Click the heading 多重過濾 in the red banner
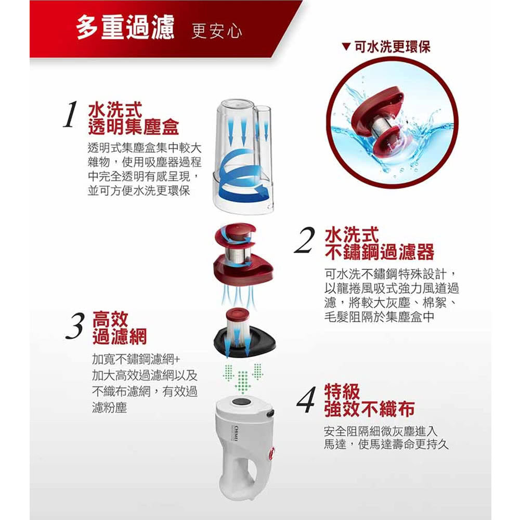coord(125,27)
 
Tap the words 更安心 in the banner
coord(216,31)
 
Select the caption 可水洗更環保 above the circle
coord(392,47)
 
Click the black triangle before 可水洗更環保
coord(346,47)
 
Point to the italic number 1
coord(70,114)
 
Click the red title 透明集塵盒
coord(133,127)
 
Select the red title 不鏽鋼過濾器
coord(380,252)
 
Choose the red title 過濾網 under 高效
coord(120,337)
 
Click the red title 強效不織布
coord(369,409)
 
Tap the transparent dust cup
coord(243,156)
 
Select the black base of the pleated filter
coord(245,342)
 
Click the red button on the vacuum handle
coord(271,453)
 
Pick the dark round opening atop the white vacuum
coord(243,402)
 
